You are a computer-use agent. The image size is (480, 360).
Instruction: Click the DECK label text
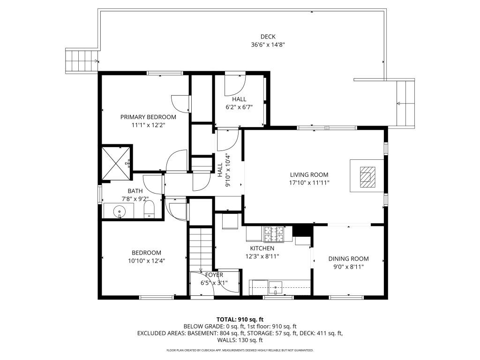(268, 37)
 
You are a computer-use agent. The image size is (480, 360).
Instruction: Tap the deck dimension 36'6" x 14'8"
(268, 45)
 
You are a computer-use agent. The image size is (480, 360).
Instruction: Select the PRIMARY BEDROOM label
(148, 117)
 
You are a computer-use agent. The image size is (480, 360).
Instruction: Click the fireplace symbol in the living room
(366, 177)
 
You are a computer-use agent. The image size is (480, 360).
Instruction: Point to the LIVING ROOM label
(309, 175)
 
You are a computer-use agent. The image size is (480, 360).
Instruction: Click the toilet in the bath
(150, 210)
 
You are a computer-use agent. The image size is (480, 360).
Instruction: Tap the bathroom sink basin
(120, 211)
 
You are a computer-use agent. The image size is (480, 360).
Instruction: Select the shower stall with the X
(116, 163)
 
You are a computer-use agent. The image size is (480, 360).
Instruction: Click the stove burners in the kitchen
(274, 233)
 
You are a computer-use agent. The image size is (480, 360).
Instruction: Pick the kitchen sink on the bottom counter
(275, 286)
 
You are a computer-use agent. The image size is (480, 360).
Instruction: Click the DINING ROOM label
(348, 258)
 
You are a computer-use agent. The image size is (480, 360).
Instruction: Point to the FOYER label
(212, 275)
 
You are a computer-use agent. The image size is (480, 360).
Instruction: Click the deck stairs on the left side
(81, 60)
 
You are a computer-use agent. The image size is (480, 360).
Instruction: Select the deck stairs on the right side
(405, 103)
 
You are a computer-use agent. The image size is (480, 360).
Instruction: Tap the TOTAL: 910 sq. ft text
(240, 319)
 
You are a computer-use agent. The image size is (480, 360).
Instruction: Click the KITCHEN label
(262, 248)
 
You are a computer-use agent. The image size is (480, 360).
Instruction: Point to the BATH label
(135, 191)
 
